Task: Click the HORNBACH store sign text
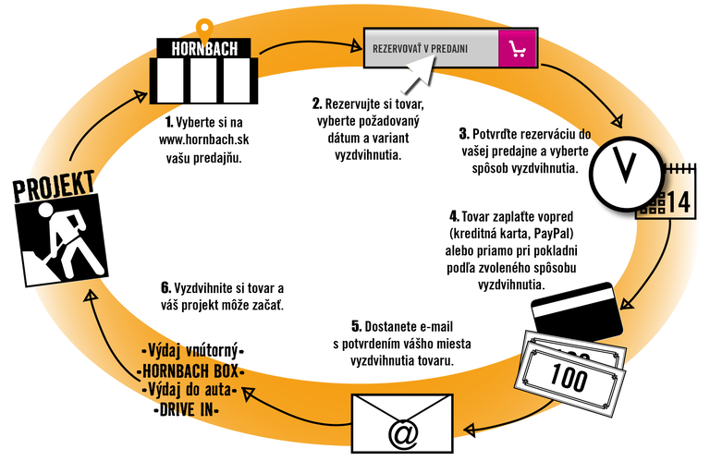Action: (x=204, y=49)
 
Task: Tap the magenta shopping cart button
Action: (x=517, y=49)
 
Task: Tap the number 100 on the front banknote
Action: (x=569, y=376)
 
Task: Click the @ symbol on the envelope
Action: (x=403, y=432)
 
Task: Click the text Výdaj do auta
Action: (x=190, y=390)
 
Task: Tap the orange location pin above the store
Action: (x=205, y=22)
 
